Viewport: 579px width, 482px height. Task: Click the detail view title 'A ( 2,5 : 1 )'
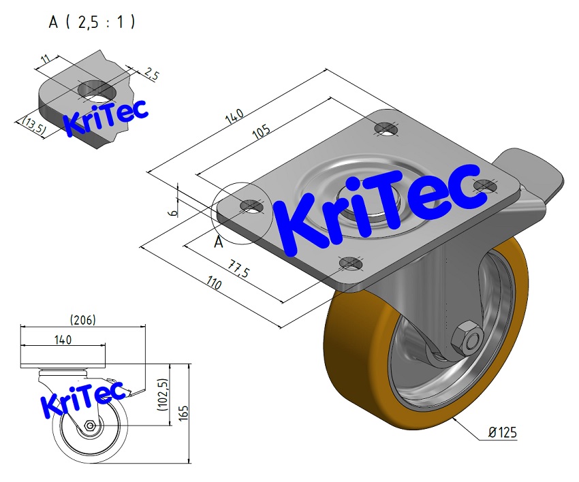point(92,22)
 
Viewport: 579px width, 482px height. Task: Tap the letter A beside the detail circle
point(219,242)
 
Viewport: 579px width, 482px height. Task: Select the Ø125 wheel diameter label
point(504,433)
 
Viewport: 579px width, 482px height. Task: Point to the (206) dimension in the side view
point(82,319)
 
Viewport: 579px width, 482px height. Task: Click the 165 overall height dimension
point(193,413)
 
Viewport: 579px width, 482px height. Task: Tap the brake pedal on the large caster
point(531,174)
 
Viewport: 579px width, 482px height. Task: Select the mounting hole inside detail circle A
point(251,206)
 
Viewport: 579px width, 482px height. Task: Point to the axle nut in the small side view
point(91,426)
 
